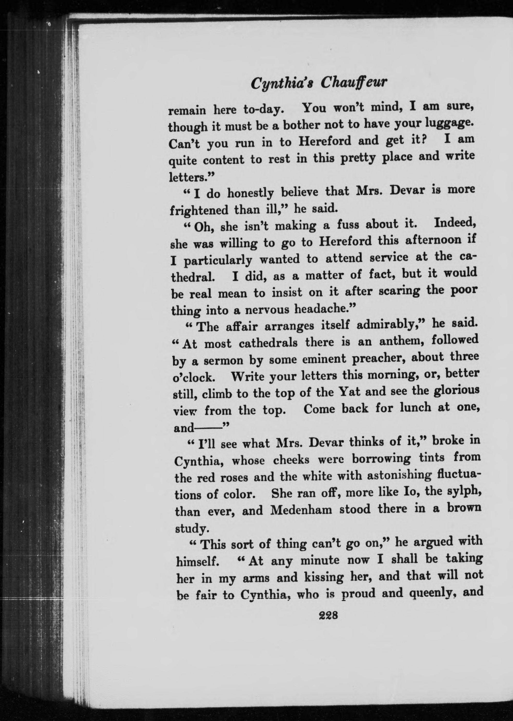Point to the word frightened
(198, 210)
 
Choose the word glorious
(456, 390)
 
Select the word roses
(234, 477)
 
